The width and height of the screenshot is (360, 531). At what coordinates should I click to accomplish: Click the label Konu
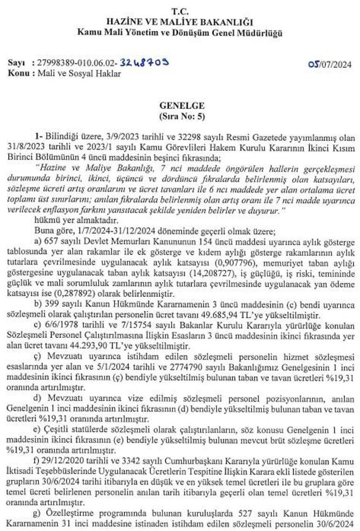point(18,73)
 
